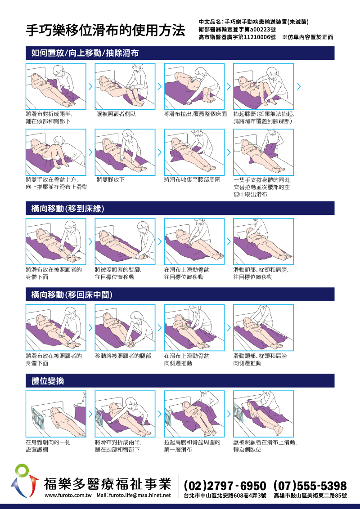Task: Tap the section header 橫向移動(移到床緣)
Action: click(x=71, y=208)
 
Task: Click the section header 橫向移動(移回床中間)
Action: click(x=72, y=295)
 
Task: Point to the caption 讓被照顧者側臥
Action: click(x=116, y=114)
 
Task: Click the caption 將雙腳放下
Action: click(x=111, y=180)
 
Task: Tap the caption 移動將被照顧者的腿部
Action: click(x=123, y=356)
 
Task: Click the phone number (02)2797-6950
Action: click(x=225, y=486)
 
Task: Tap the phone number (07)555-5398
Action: click(x=310, y=486)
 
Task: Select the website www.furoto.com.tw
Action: click(x=68, y=495)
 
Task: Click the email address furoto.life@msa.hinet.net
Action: click(x=139, y=495)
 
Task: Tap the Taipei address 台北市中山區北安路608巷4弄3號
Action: click(x=225, y=496)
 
